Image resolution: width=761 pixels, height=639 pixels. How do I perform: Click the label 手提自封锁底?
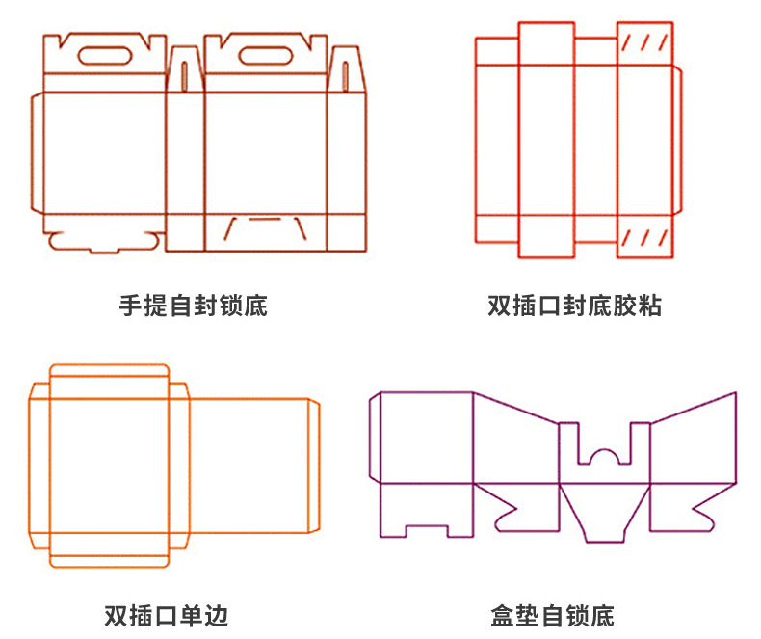pos(193,306)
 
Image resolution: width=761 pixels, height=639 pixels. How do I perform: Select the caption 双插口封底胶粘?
pos(575,306)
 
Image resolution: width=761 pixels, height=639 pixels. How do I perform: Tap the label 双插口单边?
pos(166,615)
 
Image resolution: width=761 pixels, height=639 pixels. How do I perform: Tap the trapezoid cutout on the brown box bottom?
pos(266,229)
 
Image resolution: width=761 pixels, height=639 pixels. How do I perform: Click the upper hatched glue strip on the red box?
pos(644,43)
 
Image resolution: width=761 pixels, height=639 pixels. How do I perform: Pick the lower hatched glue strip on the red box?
pos(644,238)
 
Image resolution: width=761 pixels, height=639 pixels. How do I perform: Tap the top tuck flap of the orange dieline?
pos(109,373)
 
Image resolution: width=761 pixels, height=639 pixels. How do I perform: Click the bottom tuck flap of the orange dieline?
pos(109,558)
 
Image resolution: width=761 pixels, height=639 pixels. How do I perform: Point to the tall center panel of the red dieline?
pos(547,140)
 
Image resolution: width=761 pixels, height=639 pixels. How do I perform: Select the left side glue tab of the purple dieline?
pos(376,438)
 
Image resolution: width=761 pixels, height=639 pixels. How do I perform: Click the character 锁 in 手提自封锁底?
pos(230,306)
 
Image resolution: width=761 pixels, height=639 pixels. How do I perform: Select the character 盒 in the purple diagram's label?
pos(502,615)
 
